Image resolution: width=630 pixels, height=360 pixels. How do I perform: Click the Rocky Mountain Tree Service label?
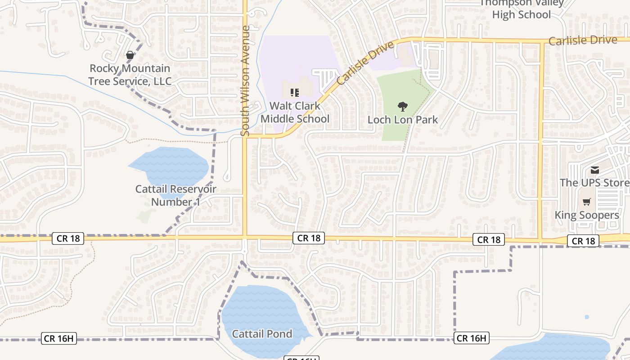point(130,75)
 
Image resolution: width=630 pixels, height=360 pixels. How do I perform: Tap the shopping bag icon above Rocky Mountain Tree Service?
point(130,55)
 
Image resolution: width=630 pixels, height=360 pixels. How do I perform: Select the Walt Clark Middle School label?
point(295,112)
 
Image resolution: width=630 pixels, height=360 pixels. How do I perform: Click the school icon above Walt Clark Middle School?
point(295,93)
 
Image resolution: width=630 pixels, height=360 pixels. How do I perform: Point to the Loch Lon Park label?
point(403,120)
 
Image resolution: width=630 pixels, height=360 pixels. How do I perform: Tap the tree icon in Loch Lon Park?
point(403,106)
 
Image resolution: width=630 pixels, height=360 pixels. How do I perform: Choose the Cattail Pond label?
point(262,334)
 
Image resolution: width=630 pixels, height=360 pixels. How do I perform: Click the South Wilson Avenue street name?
point(245,81)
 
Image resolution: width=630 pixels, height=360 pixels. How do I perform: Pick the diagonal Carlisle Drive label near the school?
point(365,63)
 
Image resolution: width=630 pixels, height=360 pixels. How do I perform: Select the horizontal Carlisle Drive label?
point(583,40)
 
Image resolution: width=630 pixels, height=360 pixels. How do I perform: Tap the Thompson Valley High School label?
point(522,9)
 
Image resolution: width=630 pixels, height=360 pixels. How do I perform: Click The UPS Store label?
point(594,183)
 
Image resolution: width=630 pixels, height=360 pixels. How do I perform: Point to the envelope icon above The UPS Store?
point(595,170)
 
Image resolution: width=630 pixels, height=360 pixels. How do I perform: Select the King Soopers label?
point(587,215)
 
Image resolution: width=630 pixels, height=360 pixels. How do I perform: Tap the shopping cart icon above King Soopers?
point(586,202)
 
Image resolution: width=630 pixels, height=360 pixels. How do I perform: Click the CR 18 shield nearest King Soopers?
point(584,241)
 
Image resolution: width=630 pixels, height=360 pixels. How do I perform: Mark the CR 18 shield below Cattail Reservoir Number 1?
point(68,238)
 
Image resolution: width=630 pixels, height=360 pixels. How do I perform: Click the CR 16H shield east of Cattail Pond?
point(471,338)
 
